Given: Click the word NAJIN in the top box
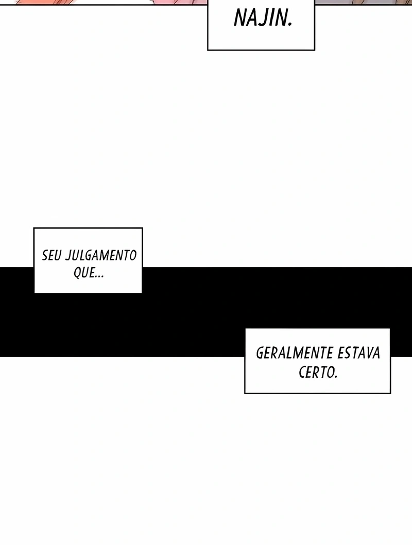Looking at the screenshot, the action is click(x=261, y=18).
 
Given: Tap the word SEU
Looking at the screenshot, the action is click(x=52, y=255).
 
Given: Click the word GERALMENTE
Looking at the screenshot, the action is click(x=290, y=353).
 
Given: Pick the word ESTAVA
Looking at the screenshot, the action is click(x=354, y=353).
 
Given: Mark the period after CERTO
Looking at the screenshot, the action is click(x=336, y=377).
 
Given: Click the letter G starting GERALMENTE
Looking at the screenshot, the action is click(x=260, y=353).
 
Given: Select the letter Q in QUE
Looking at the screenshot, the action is click(x=78, y=273).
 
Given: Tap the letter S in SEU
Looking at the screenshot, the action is click(x=45, y=255).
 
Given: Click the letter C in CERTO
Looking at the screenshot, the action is click(x=302, y=373).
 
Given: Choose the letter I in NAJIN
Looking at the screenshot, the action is click(x=270, y=18).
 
